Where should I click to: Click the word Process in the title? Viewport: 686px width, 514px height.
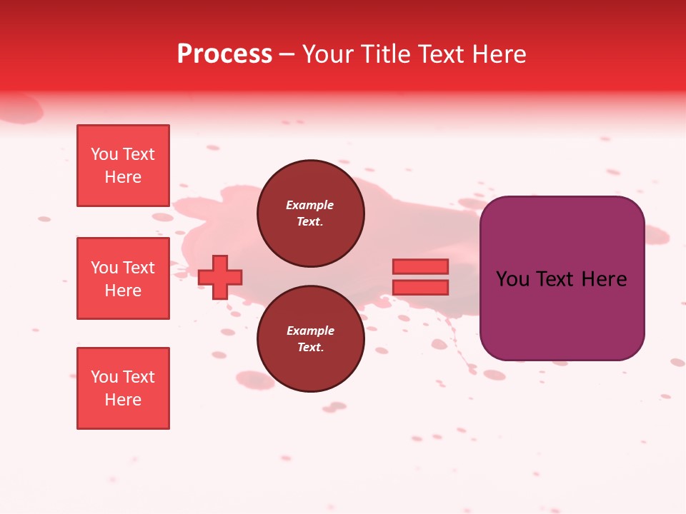pos(224,54)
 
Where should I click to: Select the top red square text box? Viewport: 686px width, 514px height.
pos(123,166)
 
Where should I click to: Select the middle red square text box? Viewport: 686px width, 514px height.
pos(123,278)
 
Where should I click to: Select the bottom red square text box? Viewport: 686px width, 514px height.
pos(123,388)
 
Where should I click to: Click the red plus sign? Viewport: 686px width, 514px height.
pos(220,277)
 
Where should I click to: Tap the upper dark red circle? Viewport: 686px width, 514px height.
pos(311,213)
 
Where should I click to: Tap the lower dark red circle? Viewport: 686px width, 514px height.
pos(311,339)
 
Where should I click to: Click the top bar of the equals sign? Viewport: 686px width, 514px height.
pos(420,266)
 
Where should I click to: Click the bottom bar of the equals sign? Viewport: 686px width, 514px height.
pos(420,288)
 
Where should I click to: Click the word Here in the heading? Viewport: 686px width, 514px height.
pos(499,54)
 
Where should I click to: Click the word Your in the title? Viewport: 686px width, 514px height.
pos(327,54)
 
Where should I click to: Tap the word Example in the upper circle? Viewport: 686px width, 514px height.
pos(310,205)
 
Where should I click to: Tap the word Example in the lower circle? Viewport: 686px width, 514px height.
pos(310,331)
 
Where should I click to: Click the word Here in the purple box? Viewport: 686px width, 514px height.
pos(604,279)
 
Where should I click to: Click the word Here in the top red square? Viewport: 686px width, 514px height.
pos(123,177)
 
